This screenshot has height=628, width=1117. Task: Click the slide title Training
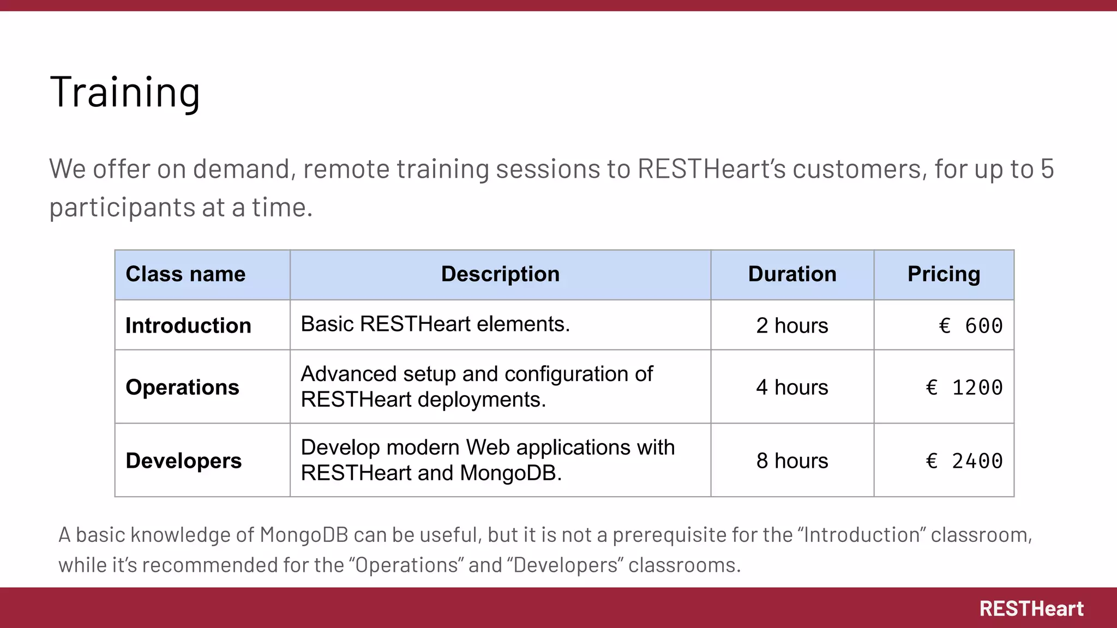point(125,92)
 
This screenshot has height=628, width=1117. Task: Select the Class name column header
point(185,274)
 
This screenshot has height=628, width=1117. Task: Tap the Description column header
point(500,274)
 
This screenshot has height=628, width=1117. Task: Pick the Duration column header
point(792,274)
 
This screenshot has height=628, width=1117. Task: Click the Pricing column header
point(944,274)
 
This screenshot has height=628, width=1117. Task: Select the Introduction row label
point(188,325)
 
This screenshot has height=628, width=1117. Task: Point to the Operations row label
point(182,387)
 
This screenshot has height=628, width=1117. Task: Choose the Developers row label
point(183,461)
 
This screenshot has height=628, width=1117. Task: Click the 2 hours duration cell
point(792,325)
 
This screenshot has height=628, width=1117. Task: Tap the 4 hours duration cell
point(792,387)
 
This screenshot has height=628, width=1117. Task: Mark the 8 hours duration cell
point(792,461)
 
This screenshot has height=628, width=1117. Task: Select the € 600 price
point(971,326)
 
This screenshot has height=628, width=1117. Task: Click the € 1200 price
point(964,388)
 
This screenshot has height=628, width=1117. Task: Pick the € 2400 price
point(964,461)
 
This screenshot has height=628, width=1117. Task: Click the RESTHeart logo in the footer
point(1031,608)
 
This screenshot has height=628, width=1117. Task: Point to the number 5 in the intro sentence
point(1047,169)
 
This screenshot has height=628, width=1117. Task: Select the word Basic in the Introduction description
point(327,324)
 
